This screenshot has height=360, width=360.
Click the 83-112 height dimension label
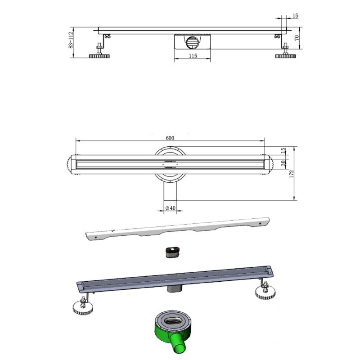tap(71, 40)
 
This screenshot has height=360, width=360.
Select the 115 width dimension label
tap(193, 56)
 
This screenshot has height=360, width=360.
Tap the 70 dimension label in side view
tap(297, 38)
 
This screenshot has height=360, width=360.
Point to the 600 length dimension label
tap(170, 138)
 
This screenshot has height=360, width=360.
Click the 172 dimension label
tap(292, 174)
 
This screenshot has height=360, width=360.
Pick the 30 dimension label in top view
tap(283, 163)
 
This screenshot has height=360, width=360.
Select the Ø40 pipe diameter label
tap(171, 208)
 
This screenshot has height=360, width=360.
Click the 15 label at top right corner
tap(296, 16)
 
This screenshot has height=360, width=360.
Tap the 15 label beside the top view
tap(283, 150)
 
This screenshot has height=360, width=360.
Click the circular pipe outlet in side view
tap(192, 42)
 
